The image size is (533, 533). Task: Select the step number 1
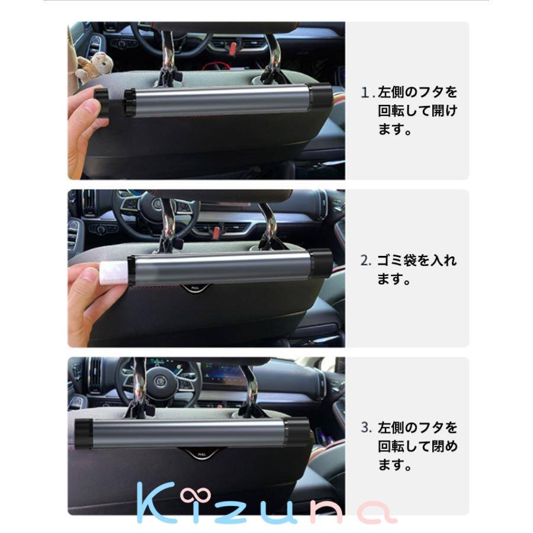(366, 93)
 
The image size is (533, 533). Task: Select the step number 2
(365, 261)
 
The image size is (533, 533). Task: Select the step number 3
(366, 428)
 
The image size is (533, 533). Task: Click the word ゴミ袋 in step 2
(396, 261)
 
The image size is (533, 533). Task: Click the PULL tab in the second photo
(195, 288)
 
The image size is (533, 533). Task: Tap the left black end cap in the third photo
(84, 433)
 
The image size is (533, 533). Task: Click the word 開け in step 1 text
(445, 111)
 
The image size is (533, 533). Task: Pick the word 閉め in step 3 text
(445, 446)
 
